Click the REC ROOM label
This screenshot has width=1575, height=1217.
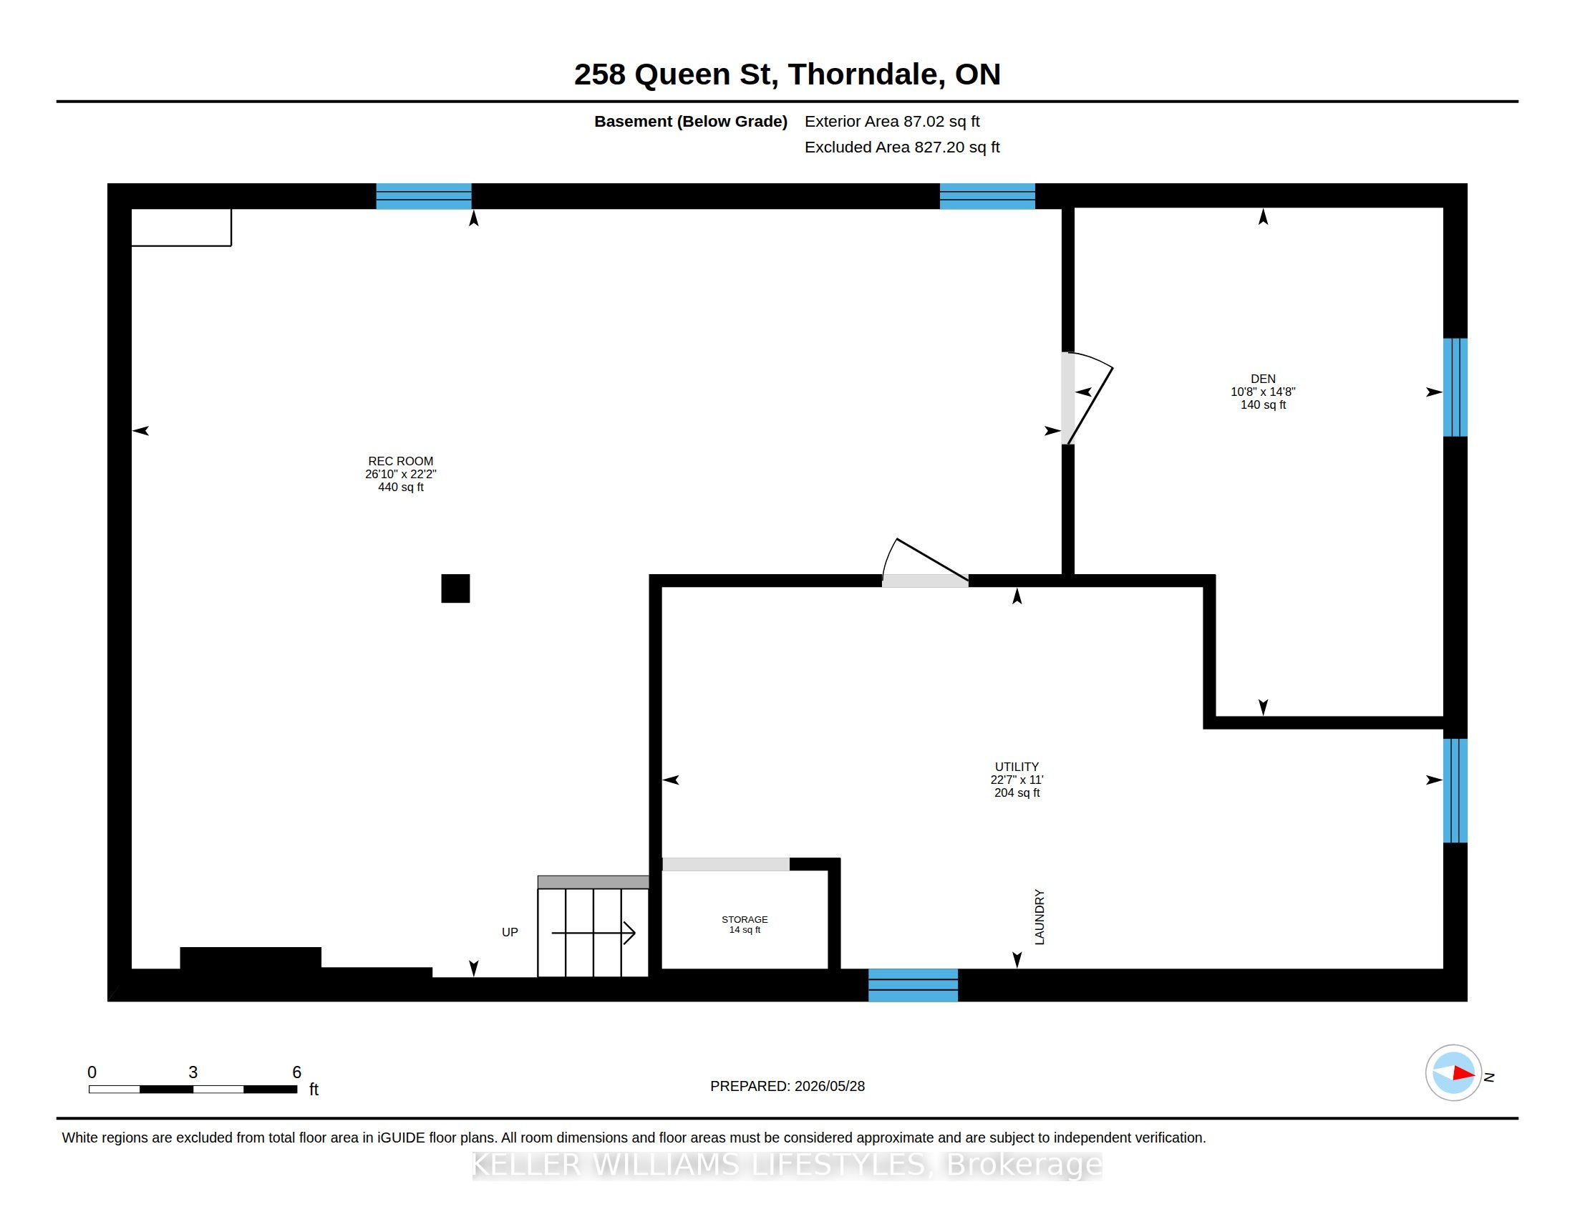(x=400, y=462)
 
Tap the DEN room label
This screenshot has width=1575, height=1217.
(x=1263, y=379)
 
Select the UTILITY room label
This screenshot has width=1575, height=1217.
(x=1017, y=767)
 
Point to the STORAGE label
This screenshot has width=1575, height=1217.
(x=745, y=919)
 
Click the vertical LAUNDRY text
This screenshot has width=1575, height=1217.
(x=1039, y=916)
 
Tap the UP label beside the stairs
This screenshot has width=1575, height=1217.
(x=510, y=932)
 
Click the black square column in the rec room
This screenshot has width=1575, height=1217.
(x=455, y=588)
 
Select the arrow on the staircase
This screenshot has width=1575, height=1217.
(x=593, y=933)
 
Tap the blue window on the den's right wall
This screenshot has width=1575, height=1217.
(x=1455, y=388)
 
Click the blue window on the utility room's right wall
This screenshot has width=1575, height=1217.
(x=1455, y=790)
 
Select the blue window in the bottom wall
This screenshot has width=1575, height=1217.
(x=913, y=985)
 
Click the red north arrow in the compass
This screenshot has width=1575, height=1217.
(x=1463, y=1073)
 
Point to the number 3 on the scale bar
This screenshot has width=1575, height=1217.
(x=193, y=1072)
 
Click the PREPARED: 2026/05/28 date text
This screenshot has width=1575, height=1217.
(x=787, y=1086)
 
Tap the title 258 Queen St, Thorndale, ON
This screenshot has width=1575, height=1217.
(x=787, y=74)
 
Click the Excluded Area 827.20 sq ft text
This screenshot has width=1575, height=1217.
(x=902, y=147)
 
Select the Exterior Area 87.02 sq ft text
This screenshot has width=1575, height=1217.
(x=892, y=122)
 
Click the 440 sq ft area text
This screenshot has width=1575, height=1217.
(x=400, y=488)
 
